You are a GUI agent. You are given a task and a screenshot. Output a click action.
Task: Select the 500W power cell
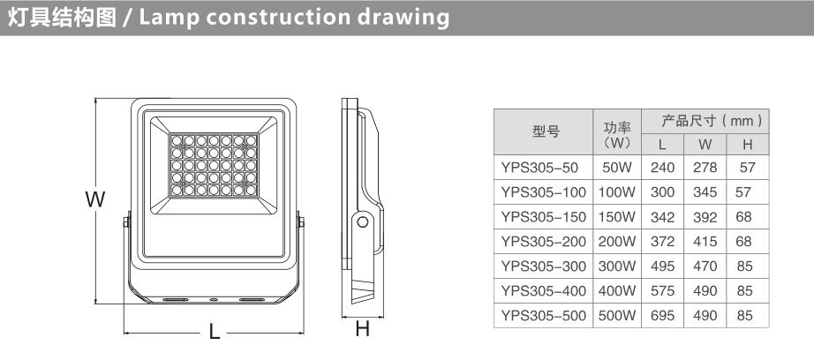[617, 315]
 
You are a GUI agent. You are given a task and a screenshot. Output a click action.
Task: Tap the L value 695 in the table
[663, 315]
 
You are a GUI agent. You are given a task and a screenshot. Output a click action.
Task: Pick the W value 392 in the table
[705, 217]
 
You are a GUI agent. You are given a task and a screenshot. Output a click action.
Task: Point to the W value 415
[705, 242]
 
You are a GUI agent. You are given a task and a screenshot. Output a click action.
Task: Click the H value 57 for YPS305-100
[743, 192]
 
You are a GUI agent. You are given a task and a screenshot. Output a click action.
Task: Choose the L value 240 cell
[663, 168]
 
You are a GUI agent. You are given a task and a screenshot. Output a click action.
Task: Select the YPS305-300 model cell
[543, 266]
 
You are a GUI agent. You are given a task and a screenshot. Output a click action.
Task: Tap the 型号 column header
[543, 131]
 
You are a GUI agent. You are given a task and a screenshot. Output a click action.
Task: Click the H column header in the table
[748, 144]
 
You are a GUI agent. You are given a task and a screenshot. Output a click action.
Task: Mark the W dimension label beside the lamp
[95, 199]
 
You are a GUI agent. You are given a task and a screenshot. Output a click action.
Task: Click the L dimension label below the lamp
[215, 332]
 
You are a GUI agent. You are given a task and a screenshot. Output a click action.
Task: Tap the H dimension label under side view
[362, 328]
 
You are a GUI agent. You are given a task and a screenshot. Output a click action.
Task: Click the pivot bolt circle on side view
[363, 223]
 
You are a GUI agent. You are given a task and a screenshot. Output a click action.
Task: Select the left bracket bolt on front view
[126, 222]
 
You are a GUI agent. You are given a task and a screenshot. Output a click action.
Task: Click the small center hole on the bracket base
[213, 299]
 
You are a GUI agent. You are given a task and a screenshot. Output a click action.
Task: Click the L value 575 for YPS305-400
[663, 291]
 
